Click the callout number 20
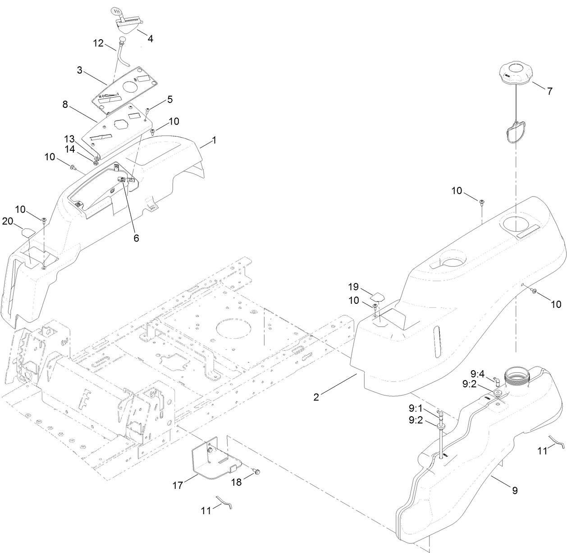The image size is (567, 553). (x=8, y=221)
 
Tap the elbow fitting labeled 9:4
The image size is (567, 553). (x=494, y=381)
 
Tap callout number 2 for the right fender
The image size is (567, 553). (x=316, y=397)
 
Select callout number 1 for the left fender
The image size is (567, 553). (x=214, y=140)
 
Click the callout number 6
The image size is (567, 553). (x=136, y=238)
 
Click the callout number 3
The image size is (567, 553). (x=79, y=70)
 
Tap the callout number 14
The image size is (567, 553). (x=69, y=148)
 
